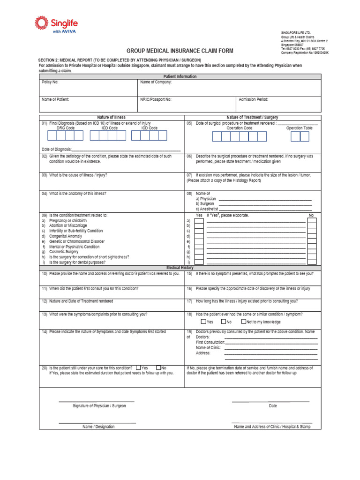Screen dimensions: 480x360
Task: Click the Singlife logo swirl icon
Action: coord(41,23)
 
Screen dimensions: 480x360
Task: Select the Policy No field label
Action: coord(50,82)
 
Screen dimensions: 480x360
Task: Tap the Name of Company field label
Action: coord(156,82)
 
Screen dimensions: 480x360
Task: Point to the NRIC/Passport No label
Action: coord(156,99)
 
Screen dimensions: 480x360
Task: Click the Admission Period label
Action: coord(253,99)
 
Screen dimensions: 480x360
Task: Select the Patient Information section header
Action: coord(180,76)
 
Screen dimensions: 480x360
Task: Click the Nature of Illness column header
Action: coord(111,117)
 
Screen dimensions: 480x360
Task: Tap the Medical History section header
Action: coord(180,268)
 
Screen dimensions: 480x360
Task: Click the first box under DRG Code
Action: coord(51,135)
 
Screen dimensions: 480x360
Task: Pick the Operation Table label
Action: coord(299,127)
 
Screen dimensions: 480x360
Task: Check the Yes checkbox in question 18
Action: coord(203,322)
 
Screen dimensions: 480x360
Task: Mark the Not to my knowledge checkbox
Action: coord(243,322)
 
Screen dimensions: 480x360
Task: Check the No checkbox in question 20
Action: coord(158,368)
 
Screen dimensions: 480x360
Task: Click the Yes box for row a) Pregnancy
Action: coord(199,220)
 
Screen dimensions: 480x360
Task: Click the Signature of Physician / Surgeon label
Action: coord(99,405)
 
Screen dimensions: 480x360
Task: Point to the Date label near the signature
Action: coord(273,406)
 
